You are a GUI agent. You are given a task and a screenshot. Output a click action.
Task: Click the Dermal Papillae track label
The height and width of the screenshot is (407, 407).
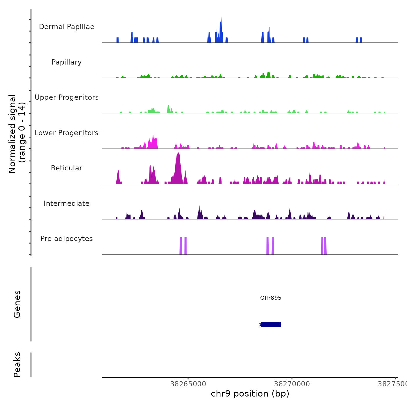pos(67,27)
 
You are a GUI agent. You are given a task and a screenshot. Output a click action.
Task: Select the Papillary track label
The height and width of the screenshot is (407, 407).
pos(67,62)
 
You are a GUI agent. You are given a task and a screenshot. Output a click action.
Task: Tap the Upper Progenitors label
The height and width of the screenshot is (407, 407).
pos(67,97)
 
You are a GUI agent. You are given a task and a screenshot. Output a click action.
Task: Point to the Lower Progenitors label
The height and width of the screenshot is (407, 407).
pos(67,133)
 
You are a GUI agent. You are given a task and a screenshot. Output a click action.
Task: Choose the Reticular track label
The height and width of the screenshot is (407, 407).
pos(67,168)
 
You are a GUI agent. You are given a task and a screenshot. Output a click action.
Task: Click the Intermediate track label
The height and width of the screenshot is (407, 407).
pos(67,203)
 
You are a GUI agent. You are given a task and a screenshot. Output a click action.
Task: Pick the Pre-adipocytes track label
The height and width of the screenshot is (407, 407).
pos(67,239)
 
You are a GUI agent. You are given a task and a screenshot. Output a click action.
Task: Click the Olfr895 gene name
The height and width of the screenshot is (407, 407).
pos(271,298)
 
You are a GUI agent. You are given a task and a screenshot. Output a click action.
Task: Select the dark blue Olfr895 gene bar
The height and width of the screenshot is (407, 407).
pos(271,324)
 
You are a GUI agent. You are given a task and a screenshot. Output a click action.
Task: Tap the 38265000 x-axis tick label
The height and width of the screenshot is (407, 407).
pos(188,384)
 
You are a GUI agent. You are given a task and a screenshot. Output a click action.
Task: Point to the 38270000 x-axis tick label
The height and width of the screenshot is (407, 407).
pos(292,384)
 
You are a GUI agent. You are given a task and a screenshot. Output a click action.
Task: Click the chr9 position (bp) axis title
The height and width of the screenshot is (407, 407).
pos(250,394)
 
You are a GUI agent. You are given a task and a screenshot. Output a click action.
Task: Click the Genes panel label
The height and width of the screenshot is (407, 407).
pos(17,304)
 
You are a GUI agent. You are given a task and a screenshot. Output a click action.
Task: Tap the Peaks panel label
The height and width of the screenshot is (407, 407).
pos(17,365)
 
